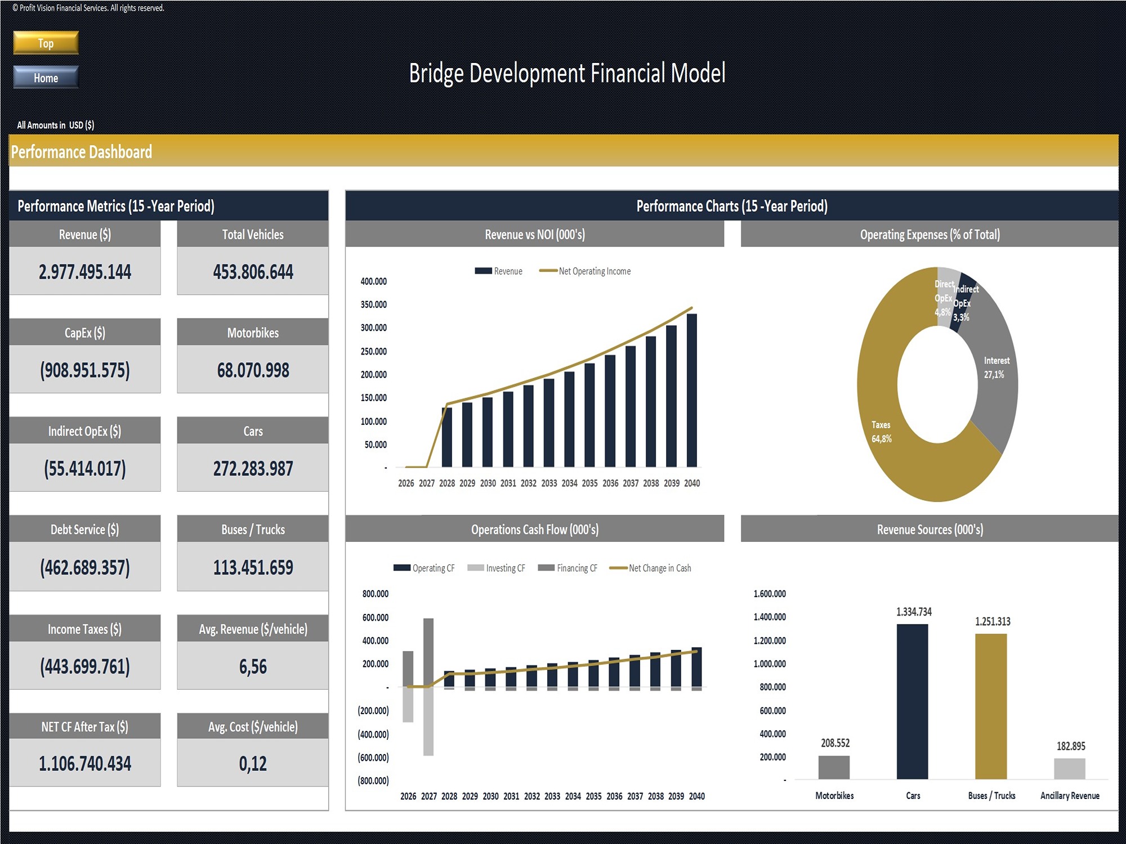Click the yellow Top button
(46, 43)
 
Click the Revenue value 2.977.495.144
(85, 272)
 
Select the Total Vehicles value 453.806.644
(253, 272)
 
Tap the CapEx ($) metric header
(85, 333)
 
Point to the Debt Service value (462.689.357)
(85, 567)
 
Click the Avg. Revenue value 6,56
(253, 667)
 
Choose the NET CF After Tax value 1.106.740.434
(85, 764)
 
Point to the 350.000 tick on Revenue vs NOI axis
(373, 304)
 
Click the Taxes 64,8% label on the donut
(882, 432)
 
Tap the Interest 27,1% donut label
(996, 367)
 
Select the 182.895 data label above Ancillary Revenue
(1070, 746)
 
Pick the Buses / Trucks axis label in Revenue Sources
(991, 796)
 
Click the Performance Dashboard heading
(82, 152)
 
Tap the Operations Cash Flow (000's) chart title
(534, 529)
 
